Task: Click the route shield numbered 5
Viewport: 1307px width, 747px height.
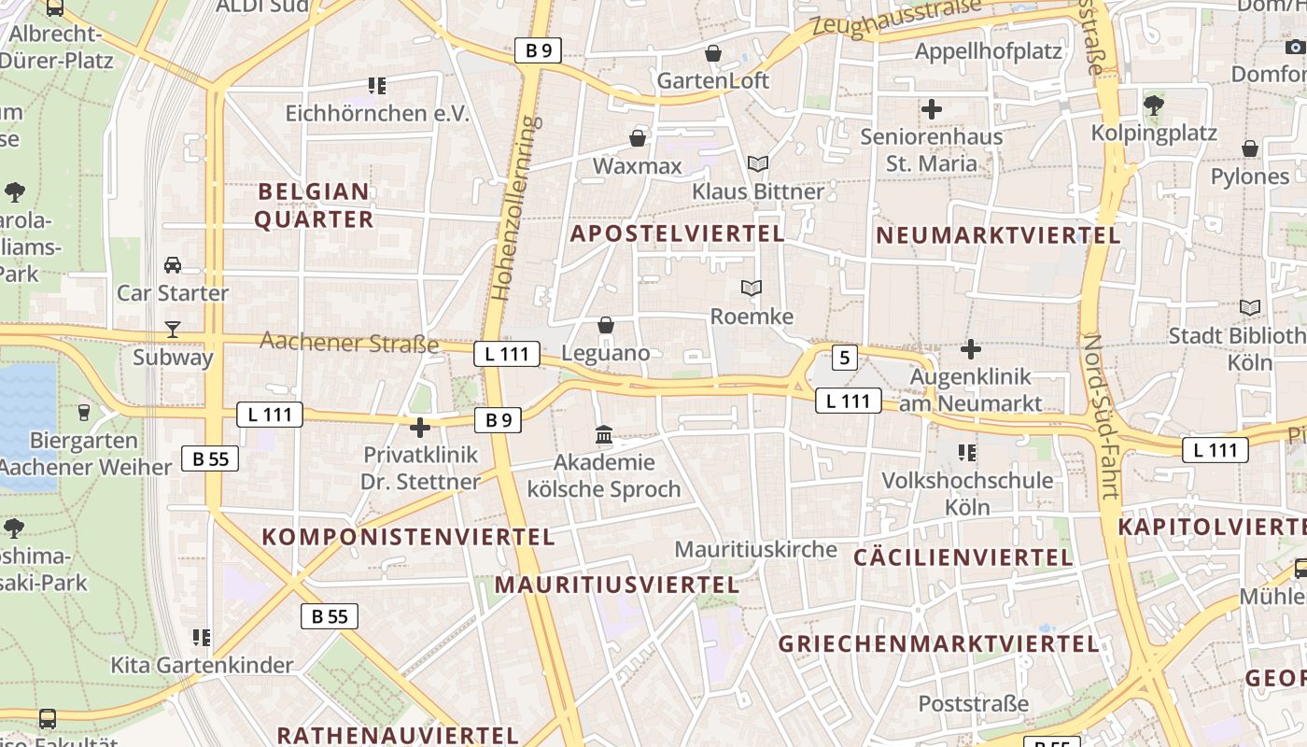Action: (844, 357)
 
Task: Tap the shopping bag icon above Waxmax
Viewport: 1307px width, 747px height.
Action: (638, 139)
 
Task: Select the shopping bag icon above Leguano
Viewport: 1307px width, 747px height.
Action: (606, 325)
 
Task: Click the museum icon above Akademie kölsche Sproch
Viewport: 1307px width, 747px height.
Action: (604, 435)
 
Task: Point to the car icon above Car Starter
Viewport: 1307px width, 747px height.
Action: (173, 265)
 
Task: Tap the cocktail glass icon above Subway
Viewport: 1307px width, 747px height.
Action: (173, 329)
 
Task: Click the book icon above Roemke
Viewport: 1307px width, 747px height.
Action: (752, 289)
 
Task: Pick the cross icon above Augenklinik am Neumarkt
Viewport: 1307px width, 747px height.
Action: (971, 349)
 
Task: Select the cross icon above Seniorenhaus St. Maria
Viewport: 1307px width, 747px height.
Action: (931, 109)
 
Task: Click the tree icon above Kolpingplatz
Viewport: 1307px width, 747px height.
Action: (1154, 105)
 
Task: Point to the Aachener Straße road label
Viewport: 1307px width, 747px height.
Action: (349, 342)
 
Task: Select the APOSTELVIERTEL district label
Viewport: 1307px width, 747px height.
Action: (678, 233)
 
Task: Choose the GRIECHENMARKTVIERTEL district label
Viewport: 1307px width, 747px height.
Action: (939, 643)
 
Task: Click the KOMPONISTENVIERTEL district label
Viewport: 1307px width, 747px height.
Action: (409, 537)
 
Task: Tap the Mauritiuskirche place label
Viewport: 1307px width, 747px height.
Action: (756, 549)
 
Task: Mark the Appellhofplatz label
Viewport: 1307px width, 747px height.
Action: (989, 50)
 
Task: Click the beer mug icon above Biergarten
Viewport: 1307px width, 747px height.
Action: (84, 412)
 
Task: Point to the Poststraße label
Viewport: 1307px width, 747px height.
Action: (974, 703)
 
